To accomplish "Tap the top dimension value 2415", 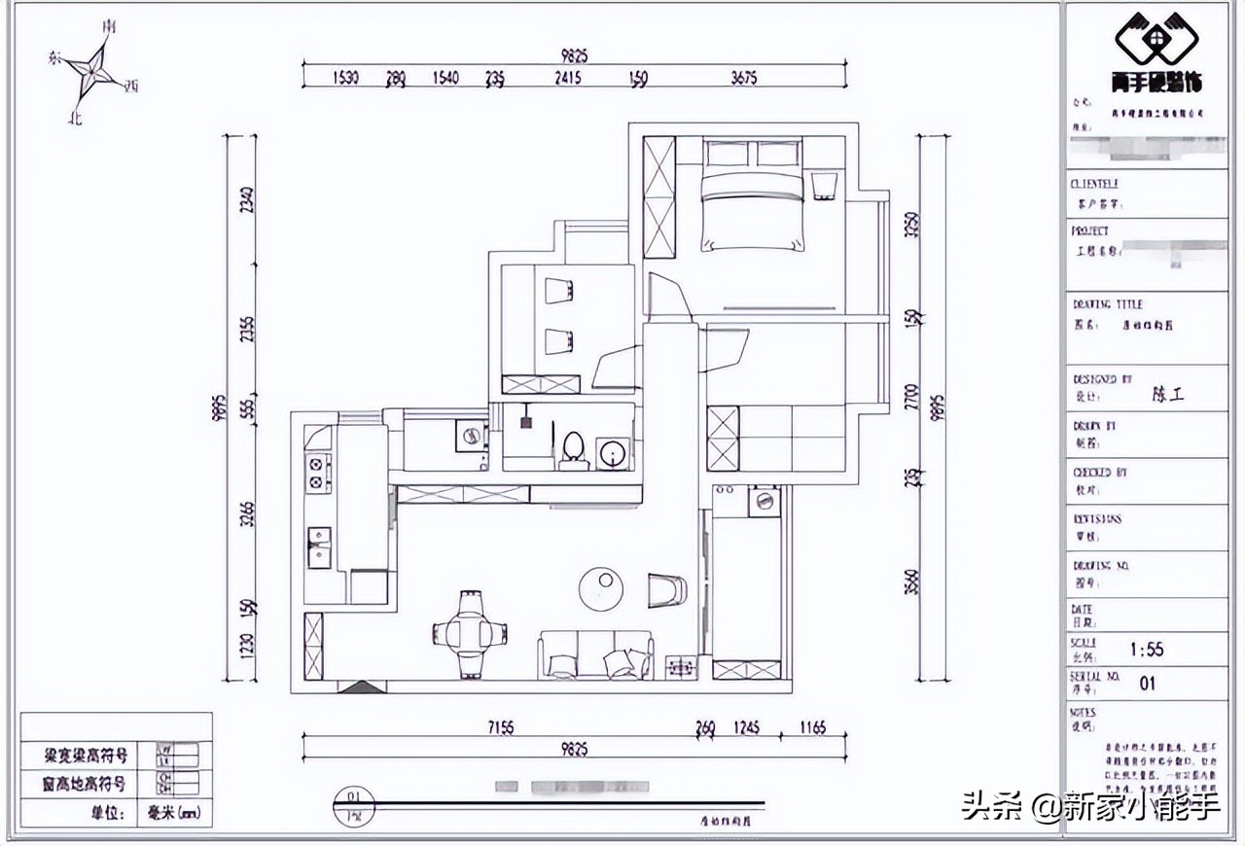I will [567, 78].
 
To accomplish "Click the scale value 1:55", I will [1148, 649].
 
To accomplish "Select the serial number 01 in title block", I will [1148, 683].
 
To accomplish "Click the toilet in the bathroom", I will [573, 448].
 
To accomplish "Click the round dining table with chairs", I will [472, 633].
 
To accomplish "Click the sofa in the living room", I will [595, 654].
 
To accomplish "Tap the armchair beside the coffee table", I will [666, 589].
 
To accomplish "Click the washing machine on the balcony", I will [764, 501].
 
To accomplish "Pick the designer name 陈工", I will [1168, 395].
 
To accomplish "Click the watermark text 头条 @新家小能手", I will [1090, 806].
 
